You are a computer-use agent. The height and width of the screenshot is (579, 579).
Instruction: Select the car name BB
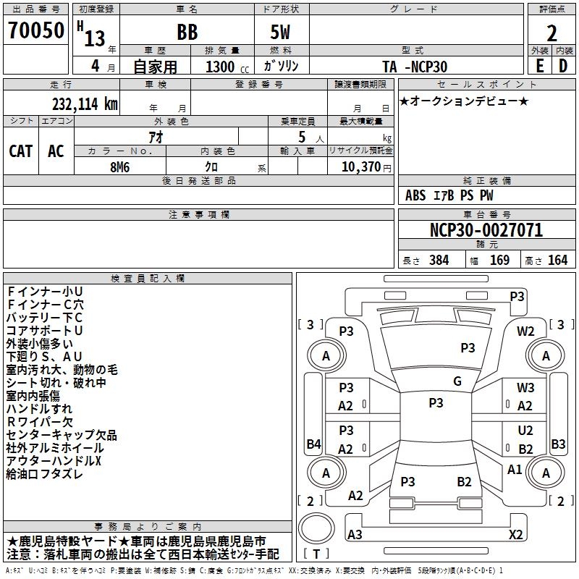(x=187, y=33)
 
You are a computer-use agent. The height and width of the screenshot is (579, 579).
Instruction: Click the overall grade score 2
(x=552, y=33)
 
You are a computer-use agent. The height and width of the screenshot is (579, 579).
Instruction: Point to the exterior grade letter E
(x=539, y=66)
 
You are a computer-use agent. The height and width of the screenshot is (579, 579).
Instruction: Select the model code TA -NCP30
(x=415, y=67)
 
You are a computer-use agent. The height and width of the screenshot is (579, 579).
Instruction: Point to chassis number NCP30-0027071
(x=486, y=231)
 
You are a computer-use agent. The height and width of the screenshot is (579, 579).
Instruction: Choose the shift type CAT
(x=20, y=151)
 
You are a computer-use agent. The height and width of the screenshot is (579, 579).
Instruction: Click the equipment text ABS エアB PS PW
(x=449, y=195)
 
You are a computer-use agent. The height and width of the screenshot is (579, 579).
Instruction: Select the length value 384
(x=439, y=261)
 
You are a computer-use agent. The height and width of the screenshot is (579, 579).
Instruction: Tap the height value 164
(x=557, y=261)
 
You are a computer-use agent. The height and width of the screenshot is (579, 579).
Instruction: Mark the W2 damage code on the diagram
(x=525, y=331)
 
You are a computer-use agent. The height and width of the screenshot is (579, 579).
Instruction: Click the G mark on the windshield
(x=457, y=381)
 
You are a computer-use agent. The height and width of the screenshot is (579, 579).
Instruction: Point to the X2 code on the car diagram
(x=516, y=535)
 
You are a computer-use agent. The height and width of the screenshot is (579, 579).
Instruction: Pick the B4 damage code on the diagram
(x=313, y=444)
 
